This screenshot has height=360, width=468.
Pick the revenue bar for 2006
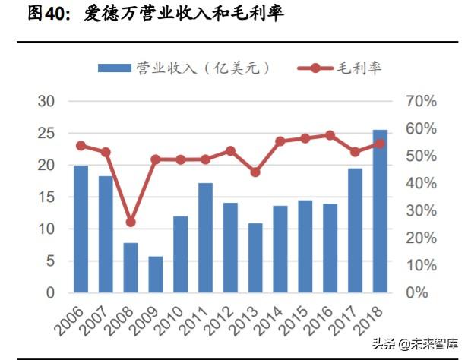click(x=81, y=229)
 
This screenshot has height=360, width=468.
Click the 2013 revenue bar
click(x=255, y=257)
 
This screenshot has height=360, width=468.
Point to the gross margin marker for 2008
click(x=130, y=222)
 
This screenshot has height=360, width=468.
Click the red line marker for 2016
click(x=330, y=135)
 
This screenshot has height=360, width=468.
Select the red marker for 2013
click(x=255, y=172)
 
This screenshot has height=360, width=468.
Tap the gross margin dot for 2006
click(x=81, y=146)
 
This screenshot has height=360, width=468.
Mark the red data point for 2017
click(x=355, y=152)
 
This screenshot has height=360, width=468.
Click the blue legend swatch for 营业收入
click(x=114, y=68)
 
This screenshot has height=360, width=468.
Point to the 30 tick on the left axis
click(x=46, y=101)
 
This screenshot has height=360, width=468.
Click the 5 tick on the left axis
click(x=50, y=261)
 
